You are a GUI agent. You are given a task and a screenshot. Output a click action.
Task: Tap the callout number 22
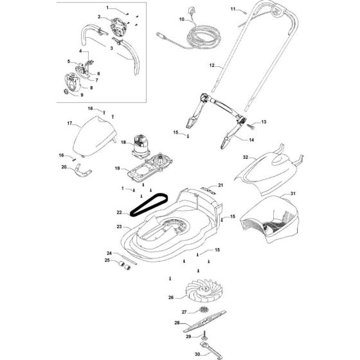(119, 212)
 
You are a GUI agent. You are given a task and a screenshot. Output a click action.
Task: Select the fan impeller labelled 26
(204, 289)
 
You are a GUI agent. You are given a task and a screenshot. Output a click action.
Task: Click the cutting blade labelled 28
(204, 321)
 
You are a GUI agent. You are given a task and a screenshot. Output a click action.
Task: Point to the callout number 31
(293, 194)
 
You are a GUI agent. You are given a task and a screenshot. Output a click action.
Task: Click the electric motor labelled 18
(140, 147)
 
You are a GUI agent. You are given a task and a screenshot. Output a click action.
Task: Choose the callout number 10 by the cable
(181, 19)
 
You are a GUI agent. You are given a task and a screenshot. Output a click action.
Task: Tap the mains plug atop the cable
(191, 12)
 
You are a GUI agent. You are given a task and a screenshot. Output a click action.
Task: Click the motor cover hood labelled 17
(94, 136)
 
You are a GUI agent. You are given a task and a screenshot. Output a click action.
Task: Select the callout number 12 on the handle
(212, 66)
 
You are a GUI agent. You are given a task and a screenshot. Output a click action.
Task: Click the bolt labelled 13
(251, 126)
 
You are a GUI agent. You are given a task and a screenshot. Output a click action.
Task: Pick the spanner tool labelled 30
(210, 350)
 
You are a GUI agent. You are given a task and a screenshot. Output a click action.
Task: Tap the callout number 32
(246, 157)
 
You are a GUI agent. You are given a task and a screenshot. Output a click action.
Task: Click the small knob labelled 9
(66, 91)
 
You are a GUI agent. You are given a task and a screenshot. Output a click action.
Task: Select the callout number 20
(64, 167)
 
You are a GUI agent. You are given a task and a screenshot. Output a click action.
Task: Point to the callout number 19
(117, 168)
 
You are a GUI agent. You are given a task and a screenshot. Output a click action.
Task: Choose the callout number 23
(119, 226)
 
